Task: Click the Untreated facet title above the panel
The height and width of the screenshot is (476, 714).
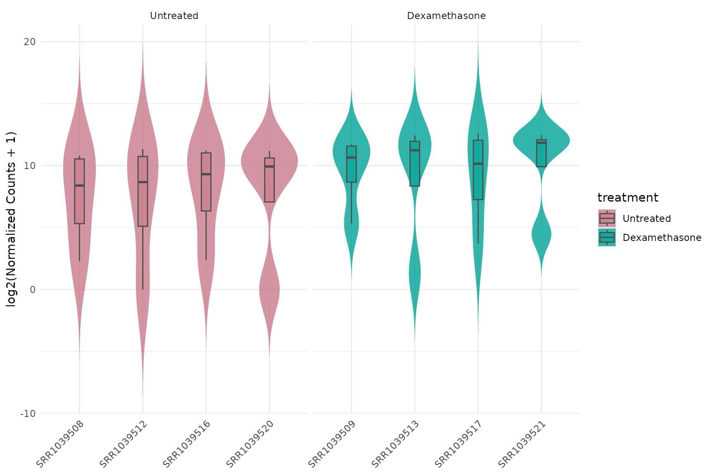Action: tap(174, 16)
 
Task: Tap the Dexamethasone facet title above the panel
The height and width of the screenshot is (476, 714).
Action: tap(446, 16)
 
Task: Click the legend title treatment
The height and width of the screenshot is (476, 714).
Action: tap(628, 198)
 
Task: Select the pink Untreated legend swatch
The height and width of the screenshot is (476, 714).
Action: tap(607, 218)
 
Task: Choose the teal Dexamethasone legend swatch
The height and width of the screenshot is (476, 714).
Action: tap(607, 238)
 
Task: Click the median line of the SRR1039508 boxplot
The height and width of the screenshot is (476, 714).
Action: tap(79, 186)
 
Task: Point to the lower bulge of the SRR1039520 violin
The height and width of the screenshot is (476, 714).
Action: tap(269, 289)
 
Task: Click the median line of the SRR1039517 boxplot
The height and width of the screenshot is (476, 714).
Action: tap(478, 164)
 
